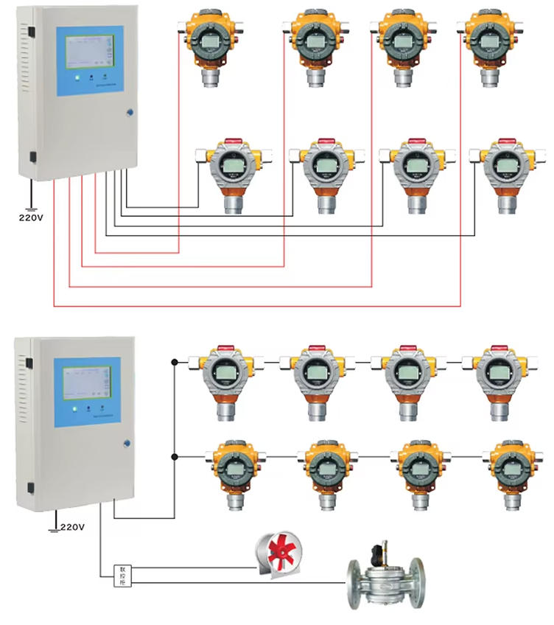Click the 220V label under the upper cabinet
(x=31, y=217)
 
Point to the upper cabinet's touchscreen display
(x=87, y=52)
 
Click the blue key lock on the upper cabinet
(x=130, y=113)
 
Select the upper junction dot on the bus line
(x=174, y=362)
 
